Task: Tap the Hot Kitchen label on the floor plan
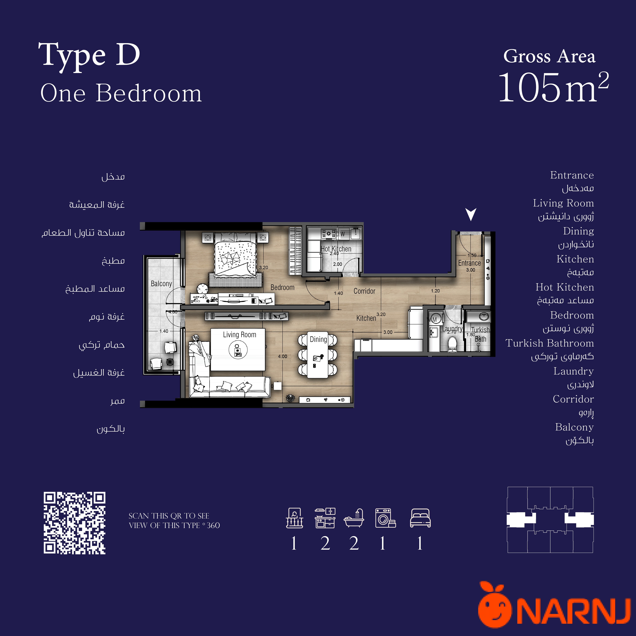coord(336,249)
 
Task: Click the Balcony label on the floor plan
coord(161,284)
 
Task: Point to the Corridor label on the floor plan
coord(364,291)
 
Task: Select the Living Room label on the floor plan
coord(239,335)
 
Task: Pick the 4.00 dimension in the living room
coord(282,357)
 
